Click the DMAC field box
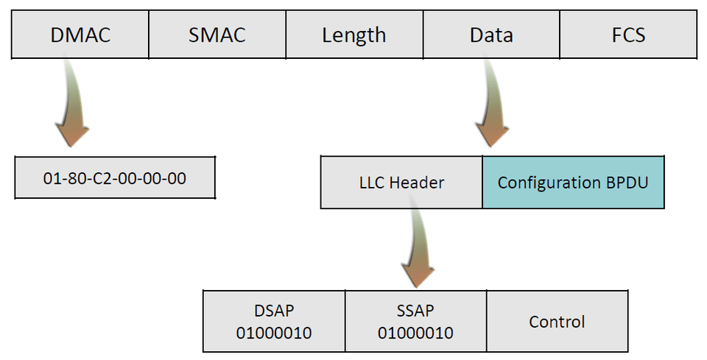tap(80, 35)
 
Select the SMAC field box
tap(217, 35)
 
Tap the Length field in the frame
tap(353, 35)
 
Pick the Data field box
tap(491, 35)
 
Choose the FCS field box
tap(628, 35)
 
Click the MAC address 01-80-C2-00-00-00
tap(115, 177)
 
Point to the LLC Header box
tap(401, 182)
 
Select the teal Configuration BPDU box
tap(573, 182)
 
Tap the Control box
tap(557, 322)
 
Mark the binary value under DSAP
tap(274, 333)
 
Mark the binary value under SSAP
tap(415, 333)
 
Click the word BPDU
tap(627, 183)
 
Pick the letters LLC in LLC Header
tap(371, 183)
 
